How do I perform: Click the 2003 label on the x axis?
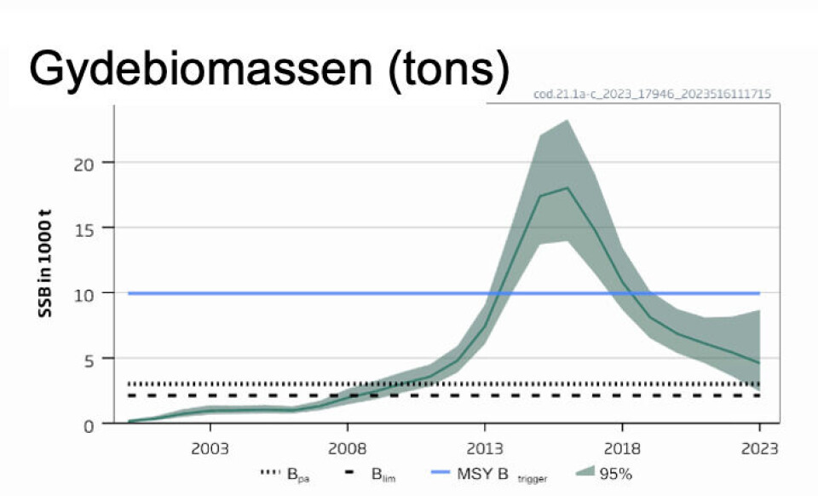tap(210, 448)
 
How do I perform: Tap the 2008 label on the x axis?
tap(348, 448)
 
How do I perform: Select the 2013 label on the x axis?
tap(485, 448)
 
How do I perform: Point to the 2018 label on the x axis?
tap(622, 448)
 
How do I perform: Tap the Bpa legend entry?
tap(285, 474)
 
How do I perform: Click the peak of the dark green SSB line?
tap(567, 187)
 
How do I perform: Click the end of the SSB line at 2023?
tap(759, 363)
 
